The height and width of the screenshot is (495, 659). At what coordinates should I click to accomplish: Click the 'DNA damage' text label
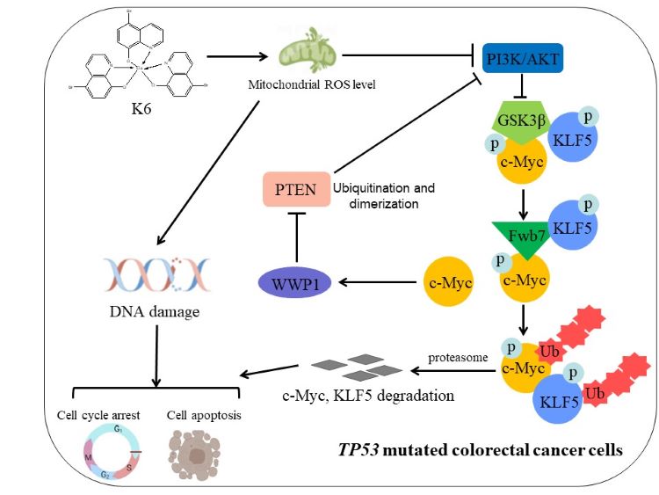156,310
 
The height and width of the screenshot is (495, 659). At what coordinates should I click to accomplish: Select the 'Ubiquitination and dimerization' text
384,194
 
